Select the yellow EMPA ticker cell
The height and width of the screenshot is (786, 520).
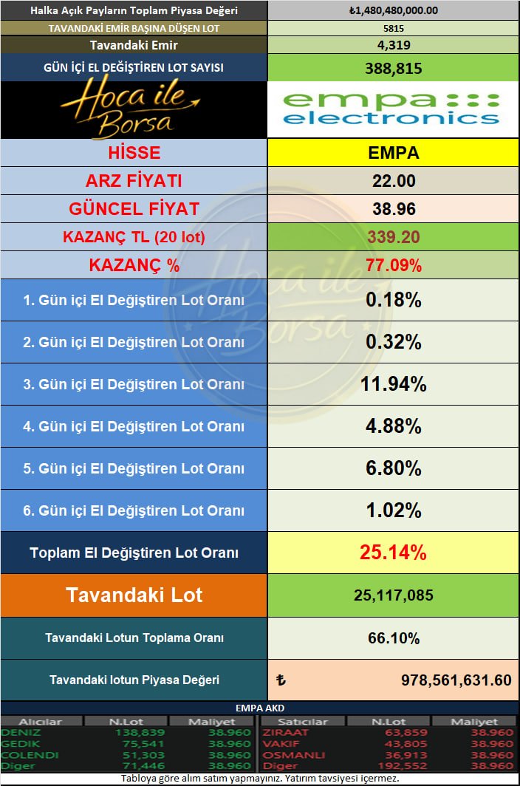[393, 153]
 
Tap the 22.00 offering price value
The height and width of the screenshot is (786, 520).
[393, 181]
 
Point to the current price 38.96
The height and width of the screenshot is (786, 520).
[393, 209]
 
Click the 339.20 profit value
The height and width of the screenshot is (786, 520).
[393, 236]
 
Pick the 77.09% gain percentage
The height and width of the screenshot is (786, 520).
[393, 265]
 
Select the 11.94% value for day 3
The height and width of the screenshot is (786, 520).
[393, 384]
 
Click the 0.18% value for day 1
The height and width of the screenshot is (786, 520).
[393, 300]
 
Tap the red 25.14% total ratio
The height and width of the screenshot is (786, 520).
[393, 553]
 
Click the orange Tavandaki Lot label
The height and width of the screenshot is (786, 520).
[134, 595]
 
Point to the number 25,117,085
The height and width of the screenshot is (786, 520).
[393, 595]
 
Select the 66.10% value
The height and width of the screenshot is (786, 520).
[393, 638]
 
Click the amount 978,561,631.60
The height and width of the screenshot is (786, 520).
[456, 680]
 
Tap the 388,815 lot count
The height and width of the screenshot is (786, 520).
[393, 68]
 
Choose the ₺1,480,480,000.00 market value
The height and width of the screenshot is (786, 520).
[393, 10]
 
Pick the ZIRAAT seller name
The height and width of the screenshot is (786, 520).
[281, 733]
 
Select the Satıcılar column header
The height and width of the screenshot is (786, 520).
[305, 722]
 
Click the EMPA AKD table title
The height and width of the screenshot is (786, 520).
[259, 708]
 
